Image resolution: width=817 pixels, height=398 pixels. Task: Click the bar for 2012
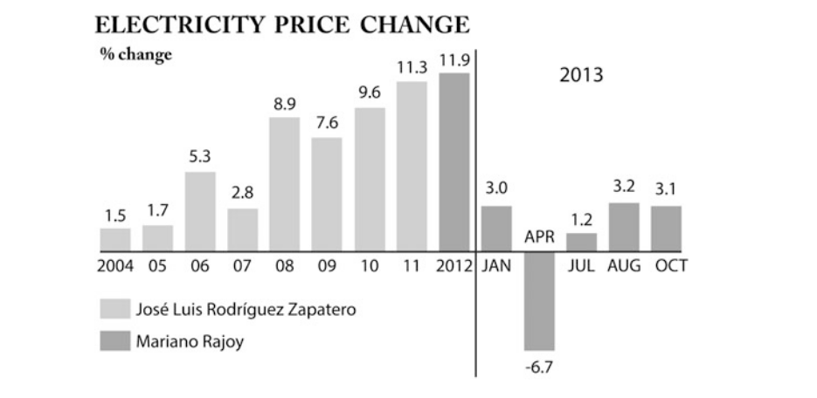(454, 161)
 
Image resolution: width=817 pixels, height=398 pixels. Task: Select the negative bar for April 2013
(539, 300)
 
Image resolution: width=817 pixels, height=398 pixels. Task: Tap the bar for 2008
(285, 183)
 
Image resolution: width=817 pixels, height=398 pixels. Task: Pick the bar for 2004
(115, 239)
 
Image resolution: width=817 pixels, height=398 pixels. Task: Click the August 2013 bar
(624, 226)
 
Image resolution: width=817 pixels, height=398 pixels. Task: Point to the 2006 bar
(200, 210)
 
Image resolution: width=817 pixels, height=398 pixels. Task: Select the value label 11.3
(411, 66)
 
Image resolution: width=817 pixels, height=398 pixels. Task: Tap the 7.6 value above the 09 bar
(327, 123)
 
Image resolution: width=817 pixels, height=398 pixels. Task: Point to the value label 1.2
(581, 218)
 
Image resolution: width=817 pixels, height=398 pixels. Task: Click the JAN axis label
(496, 266)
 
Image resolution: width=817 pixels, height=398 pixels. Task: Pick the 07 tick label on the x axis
(242, 266)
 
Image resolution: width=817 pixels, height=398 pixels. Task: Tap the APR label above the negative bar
(539, 237)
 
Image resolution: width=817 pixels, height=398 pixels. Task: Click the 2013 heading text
(581, 74)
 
